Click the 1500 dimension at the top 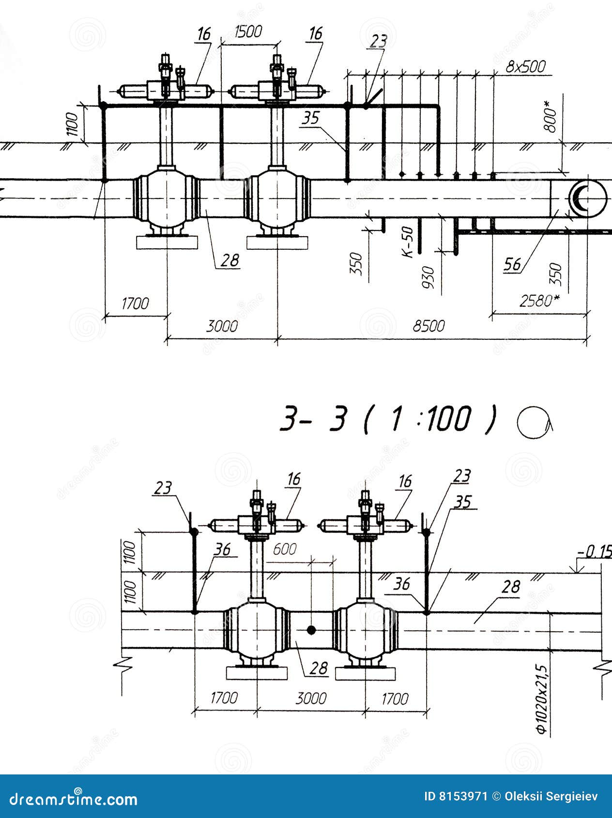click(x=248, y=32)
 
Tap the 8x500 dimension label click(x=526, y=66)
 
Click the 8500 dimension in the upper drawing click(x=428, y=326)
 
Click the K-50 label click(x=409, y=242)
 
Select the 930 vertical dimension click(x=428, y=277)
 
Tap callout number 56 click(x=513, y=264)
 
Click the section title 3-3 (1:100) click(x=387, y=419)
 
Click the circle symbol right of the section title click(x=534, y=423)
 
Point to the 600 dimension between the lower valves click(x=285, y=549)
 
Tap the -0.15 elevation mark click(x=594, y=551)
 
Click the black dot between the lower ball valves click(x=311, y=630)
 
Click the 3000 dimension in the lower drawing click(x=311, y=698)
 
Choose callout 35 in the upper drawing click(x=310, y=118)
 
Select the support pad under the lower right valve click(x=365, y=673)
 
